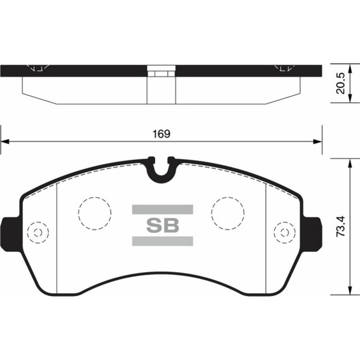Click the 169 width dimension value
point(162,134)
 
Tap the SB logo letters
point(163,225)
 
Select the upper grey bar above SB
point(163,209)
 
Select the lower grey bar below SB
point(163,241)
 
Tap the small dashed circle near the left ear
point(37,232)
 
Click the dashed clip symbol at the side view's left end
point(37,68)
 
